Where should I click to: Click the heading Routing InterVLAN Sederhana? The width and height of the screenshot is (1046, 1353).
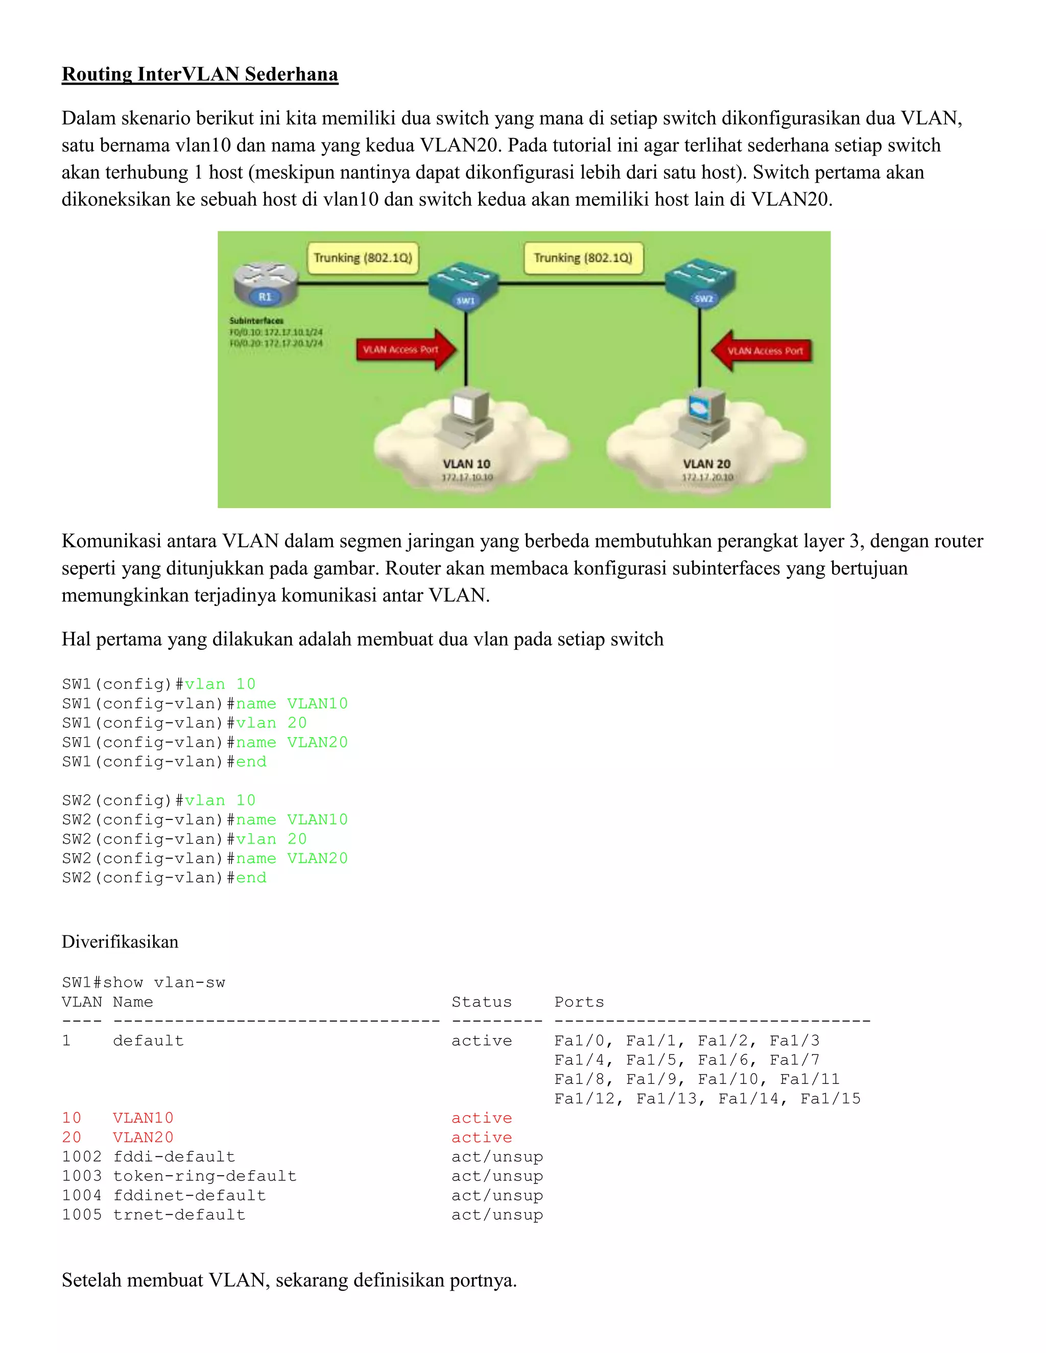pyautogui.click(x=200, y=75)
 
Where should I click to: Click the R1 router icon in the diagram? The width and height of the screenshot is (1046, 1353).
pyautogui.click(x=265, y=284)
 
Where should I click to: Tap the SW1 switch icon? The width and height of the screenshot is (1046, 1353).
pyautogui.click(x=464, y=286)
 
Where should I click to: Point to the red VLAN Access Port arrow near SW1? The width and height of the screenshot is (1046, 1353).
pyautogui.click(x=406, y=349)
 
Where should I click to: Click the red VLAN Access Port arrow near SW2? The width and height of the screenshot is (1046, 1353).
pyautogui.click(x=762, y=351)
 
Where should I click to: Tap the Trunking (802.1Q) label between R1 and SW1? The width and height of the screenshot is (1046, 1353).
pyautogui.click(x=363, y=258)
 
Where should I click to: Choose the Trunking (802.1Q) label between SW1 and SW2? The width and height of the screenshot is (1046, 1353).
pyautogui.click(x=583, y=258)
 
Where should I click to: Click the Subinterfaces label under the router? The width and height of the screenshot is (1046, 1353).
pyautogui.click(x=256, y=320)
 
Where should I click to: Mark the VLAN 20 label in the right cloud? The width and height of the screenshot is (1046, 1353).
pyautogui.click(x=706, y=464)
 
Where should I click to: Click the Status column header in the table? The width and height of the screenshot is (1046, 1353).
pyautogui.click(x=482, y=1002)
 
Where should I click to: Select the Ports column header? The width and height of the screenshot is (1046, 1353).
pyautogui.click(x=579, y=1002)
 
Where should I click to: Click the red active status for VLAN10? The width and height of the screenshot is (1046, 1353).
pyautogui.click(x=482, y=1118)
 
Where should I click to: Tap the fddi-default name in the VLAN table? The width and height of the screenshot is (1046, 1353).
pyautogui.click(x=174, y=1156)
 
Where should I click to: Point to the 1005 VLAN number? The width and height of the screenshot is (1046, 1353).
pyautogui.click(x=81, y=1215)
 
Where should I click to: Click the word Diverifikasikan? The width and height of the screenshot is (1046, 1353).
pyautogui.click(x=120, y=941)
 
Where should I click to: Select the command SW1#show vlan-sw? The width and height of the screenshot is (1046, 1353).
pyautogui.click(x=143, y=982)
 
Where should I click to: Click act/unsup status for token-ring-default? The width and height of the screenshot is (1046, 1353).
pyautogui.click(x=497, y=1176)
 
